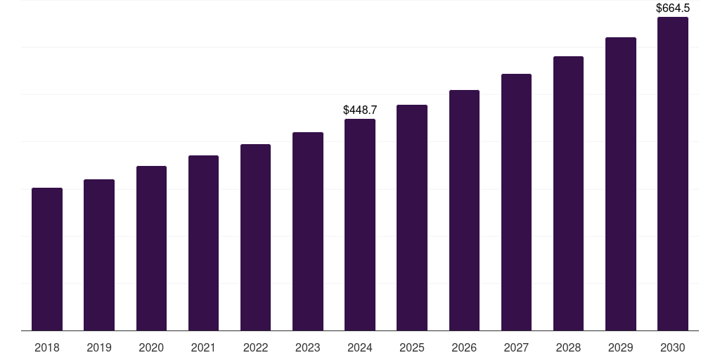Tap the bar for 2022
click(x=255, y=237)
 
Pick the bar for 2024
click(x=360, y=224)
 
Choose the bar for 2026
click(x=464, y=210)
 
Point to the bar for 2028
click(x=568, y=193)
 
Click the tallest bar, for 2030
click(x=673, y=174)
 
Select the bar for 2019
click(x=99, y=255)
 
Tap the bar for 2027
click(x=516, y=202)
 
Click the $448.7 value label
click(x=360, y=110)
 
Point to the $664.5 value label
click(x=673, y=8)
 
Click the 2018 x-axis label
click(x=47, y=347)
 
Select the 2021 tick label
click(x=203, y=347)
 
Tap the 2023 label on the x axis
click(x=308, y=347)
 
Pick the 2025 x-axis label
click(x=412, y=347)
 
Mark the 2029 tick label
click(x=621, y=347)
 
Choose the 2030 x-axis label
click(x=673, y=347)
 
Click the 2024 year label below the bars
click(x=360, y=347)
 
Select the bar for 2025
click(x=412, y=217)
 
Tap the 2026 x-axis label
click(x=464, y=347)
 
